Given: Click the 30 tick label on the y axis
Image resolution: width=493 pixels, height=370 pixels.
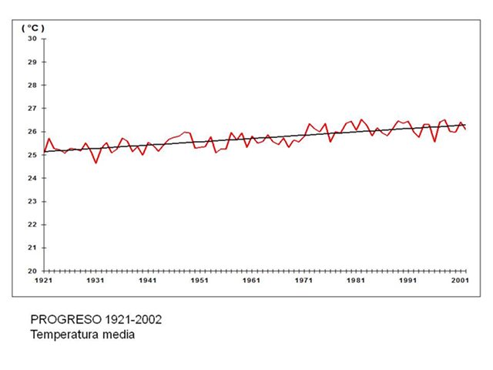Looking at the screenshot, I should coord(32,39).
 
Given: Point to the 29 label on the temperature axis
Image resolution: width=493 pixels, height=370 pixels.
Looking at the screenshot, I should coord(32,62).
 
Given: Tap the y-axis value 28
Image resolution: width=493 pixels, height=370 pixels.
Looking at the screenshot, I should coord(32,85).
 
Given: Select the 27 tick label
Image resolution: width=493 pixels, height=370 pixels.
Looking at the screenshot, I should coord(32,108).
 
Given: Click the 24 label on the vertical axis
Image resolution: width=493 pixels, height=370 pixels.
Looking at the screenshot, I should coord(32,178).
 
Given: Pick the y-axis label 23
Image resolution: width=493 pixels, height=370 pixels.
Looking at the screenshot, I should coord(32,201).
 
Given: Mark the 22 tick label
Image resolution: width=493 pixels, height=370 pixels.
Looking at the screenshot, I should coord(32,224).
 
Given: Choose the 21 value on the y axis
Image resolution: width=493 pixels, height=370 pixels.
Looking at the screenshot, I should coord(32,247).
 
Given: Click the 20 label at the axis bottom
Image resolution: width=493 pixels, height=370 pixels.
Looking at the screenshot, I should coord(32,271).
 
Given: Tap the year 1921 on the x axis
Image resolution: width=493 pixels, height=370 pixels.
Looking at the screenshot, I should coord(44,281).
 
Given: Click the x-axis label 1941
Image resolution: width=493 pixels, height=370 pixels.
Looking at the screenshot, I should coord(148,281).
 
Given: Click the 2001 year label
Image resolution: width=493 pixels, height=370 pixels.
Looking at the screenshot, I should coord(460,281).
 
